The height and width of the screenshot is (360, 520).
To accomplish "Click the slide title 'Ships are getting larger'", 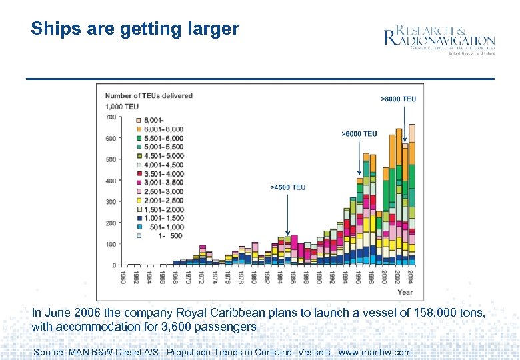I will pyautogui.click(x=135, y=29).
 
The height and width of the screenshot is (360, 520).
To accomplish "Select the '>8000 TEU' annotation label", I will pyautogui.click(x=398, y=99).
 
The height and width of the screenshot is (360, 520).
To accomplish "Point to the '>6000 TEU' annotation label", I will pyautogui.click(x=359, y=134).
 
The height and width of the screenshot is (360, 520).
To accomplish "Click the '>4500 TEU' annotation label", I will pyautogui.click(x=287, y=187).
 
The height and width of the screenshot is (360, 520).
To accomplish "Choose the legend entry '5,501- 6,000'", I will pyautogui.click(x=160, y=137).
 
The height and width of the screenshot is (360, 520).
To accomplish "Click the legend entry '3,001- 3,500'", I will pyautogui.click(x=160, y=182).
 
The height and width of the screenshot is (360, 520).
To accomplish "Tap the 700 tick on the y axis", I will pyautogui.click(x=110, y=117).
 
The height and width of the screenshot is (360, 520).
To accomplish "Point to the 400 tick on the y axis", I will pyautogui.click(x=110, y=181).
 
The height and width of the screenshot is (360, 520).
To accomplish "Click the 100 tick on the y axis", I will pyautogui.click(x=110, y=244).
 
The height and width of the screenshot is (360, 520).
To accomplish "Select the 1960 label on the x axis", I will pyautogui.click(x=123, y=277).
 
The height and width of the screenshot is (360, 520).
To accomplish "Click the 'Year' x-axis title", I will pyautogui.click(x=405, y=292).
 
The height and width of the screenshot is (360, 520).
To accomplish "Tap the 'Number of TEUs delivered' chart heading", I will pyautogui.click(x=149, y=96).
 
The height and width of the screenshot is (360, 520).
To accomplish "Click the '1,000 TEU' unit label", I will pyautogui.click(x=122, y=107).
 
